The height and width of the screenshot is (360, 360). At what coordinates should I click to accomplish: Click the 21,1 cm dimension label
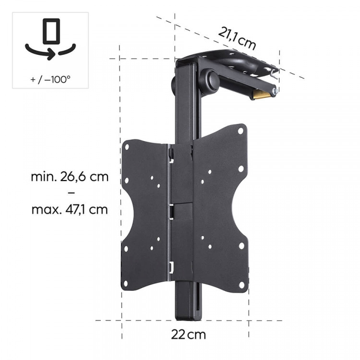point(237,38)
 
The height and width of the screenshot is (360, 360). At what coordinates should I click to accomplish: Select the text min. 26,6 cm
point(70,176)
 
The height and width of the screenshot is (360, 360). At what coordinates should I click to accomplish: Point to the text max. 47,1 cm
point(70,209)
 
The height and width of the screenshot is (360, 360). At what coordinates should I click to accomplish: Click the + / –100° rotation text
point(50,78)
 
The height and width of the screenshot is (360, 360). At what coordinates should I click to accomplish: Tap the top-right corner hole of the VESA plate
point(240,130)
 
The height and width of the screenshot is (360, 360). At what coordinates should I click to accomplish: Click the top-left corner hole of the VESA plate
point(127,147)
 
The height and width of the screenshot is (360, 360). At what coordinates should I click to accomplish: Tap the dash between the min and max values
point(70,193)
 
